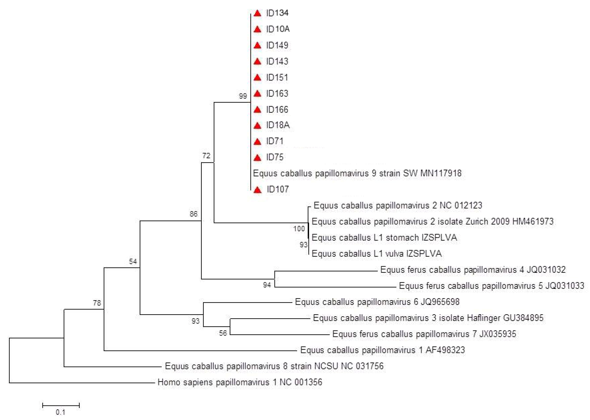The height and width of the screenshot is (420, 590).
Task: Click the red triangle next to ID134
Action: [x=257, y=13]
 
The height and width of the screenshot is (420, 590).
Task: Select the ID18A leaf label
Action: [x=278, y=125]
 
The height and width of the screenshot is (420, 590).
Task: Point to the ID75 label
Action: [x=275, y=157]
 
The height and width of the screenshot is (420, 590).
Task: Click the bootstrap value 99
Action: [x=243, y=96]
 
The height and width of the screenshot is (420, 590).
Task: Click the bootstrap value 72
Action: [x=206, y=156]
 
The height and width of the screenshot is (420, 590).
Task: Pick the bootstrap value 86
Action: [x=193, y=214]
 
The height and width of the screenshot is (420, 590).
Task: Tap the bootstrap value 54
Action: [x=133, y=261]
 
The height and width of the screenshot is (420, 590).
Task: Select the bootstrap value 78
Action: [x=97, y=303]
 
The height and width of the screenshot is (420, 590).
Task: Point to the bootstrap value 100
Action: [x=299, y=229]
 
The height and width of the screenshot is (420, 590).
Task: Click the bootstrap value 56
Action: [x=223, y=333]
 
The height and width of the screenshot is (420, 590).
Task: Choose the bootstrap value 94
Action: [x=267, y=285]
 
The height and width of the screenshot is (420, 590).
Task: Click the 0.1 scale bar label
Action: [x=60, y=412]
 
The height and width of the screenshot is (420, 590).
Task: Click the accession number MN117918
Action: [x=441, y=173]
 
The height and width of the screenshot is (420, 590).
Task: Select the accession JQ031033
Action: [x=564, y=286]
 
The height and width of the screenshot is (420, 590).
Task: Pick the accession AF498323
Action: [x=445, y=350]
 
